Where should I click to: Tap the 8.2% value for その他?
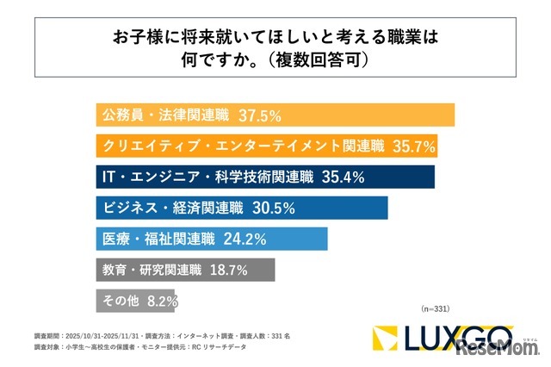[x=162, y=301]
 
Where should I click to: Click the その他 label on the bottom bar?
[x=121, y=301]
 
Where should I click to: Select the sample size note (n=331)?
[x=436, y=308]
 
